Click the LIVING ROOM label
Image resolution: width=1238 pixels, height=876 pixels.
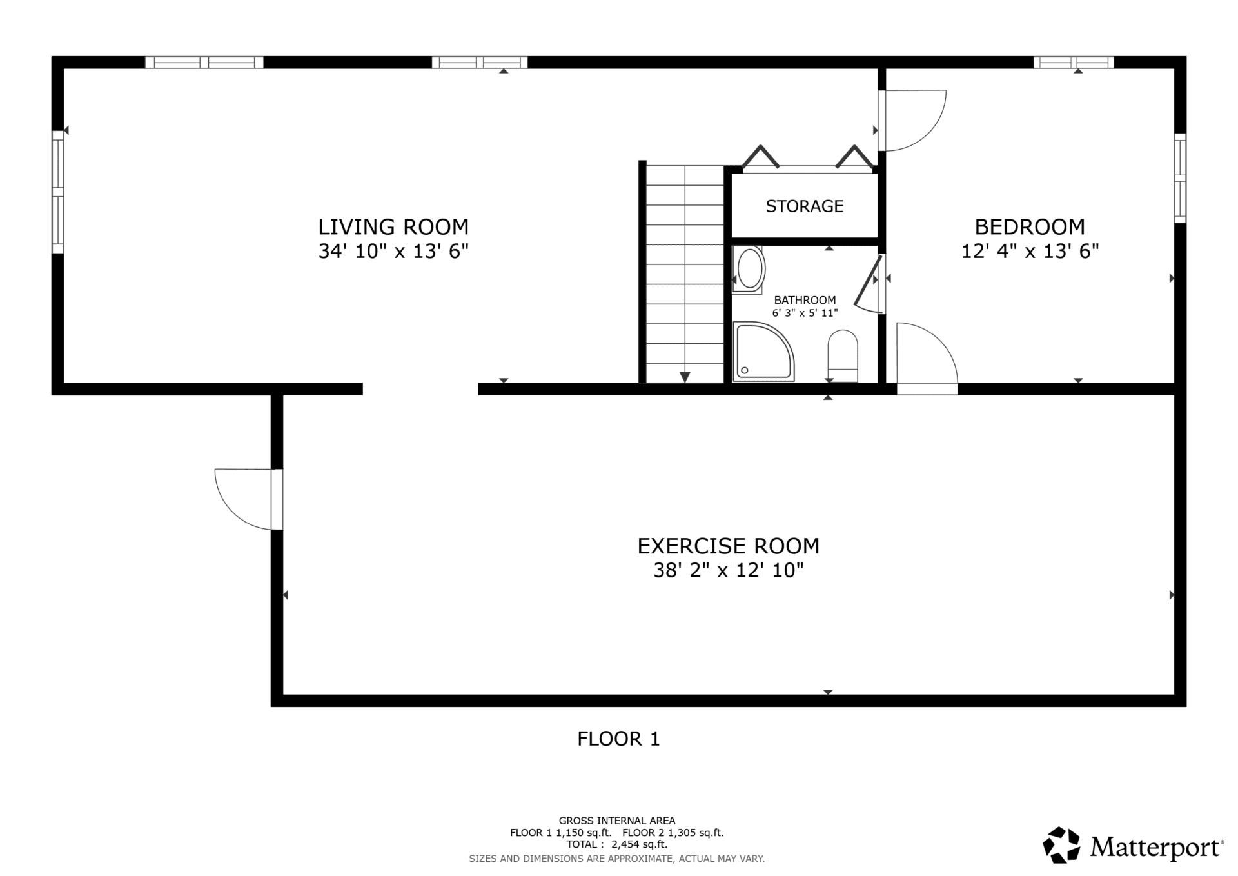tap(393, 227)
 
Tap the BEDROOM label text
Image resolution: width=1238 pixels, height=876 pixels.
tap(1030, 227)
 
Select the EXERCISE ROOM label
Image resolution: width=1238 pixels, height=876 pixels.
tap(729, 546)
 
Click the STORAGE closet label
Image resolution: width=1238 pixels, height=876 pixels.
tap(805, 206)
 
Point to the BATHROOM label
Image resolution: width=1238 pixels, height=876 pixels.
tap(805, 300)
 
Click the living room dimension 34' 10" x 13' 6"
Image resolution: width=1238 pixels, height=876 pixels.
tap(393, 251)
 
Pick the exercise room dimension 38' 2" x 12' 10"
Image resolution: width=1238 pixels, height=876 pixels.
tap(729, 570)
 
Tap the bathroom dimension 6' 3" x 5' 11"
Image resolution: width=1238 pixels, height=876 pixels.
tap(805, 313)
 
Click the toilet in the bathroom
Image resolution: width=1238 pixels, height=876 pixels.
tap(843, 356)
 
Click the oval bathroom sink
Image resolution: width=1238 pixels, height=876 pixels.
tap(749, 269)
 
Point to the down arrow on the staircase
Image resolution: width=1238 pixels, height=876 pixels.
tap(685, 377)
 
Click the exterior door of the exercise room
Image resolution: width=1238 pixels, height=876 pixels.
tap(248, 499)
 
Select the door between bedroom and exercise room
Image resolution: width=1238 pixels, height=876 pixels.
tap(927, 359)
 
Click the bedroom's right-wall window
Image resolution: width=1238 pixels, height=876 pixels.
tap(1180, 178)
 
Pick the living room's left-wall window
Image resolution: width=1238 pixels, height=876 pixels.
tap(58, 192)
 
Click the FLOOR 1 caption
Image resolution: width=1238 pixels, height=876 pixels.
tap(618, 739)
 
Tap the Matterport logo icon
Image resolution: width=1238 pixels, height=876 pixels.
tap(1061, 845)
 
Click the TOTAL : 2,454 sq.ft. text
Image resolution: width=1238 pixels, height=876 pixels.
tap(617, 844)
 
